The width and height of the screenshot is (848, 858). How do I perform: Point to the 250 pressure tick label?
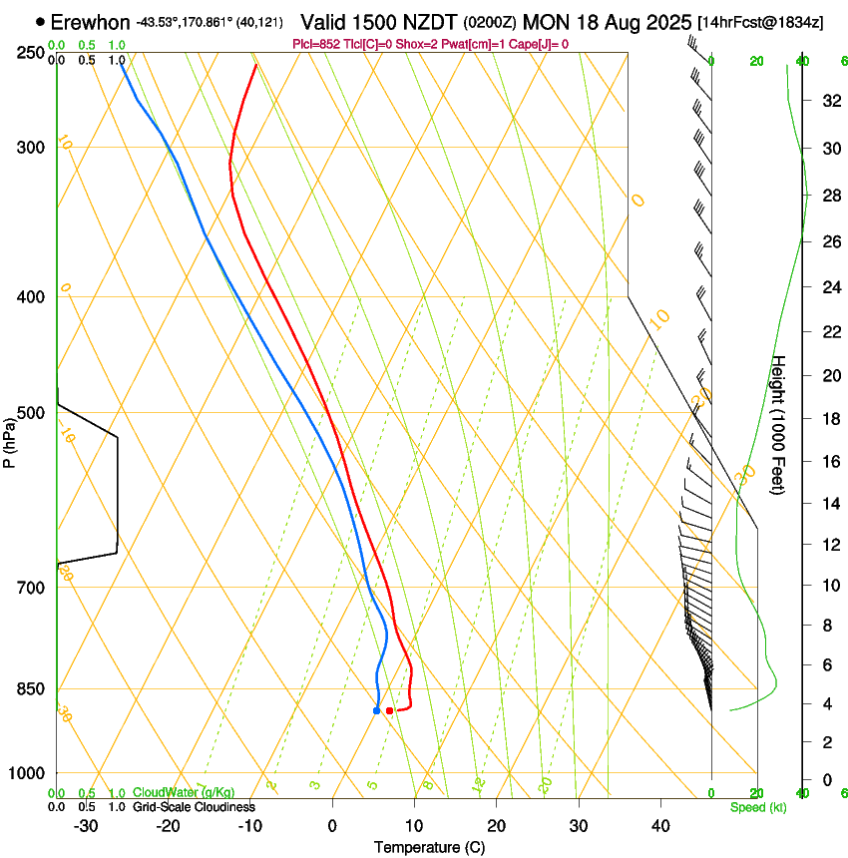(31, 53)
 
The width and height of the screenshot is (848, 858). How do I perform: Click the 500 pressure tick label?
(31, 413)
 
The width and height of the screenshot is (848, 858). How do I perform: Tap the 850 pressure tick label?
(31, 689)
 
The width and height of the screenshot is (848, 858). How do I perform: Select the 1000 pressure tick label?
(28, 773)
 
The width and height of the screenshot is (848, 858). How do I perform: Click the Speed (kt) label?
(757, 807)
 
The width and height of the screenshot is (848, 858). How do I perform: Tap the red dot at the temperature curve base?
(389, 710)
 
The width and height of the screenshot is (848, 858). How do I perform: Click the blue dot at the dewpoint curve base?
(376, 710)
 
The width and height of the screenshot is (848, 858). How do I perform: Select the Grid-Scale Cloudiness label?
(194, 807)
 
